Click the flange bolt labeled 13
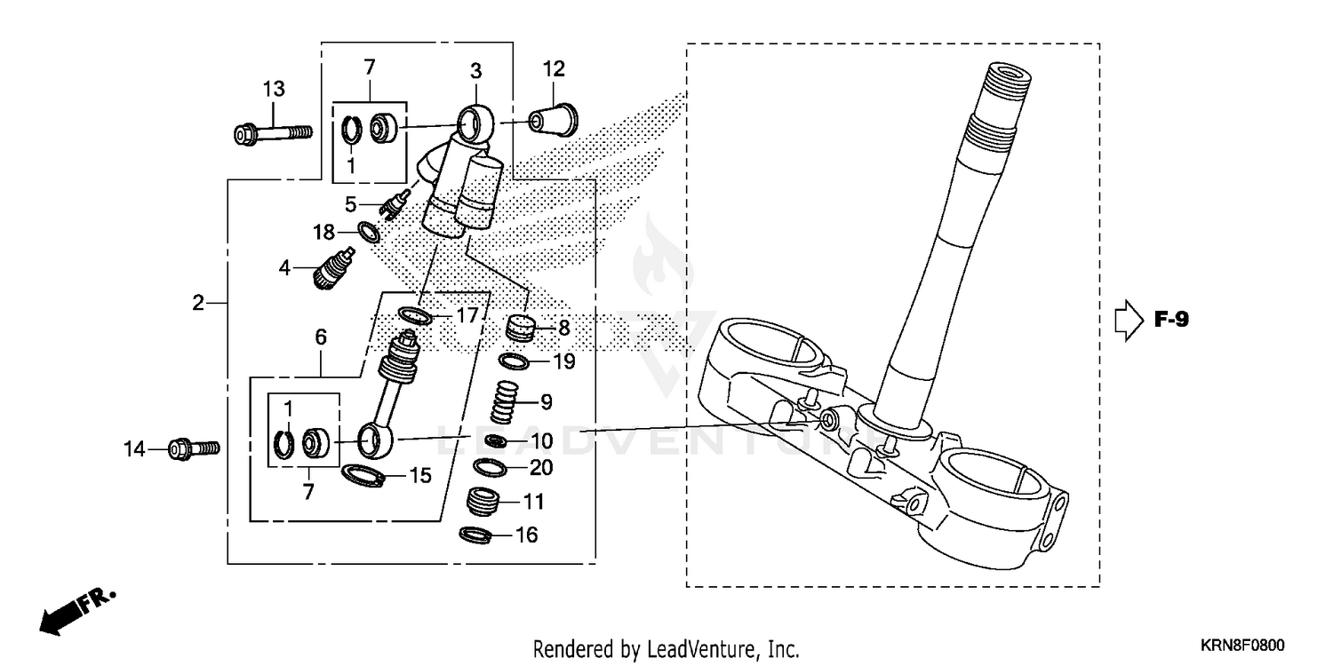pyautogui.click(x=271, y=134)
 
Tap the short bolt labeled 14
pyautogui.click(x=193, y=448)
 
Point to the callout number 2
pyautogui.click(x=199, y=303)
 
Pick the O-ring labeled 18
pyautogui.click(x=369, y=234)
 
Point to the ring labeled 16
pyautogui.click(x=476, y=535)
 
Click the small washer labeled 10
pyautogui.click(x=499, y=441)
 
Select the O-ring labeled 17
pyautogui.click(x=414, y=315)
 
